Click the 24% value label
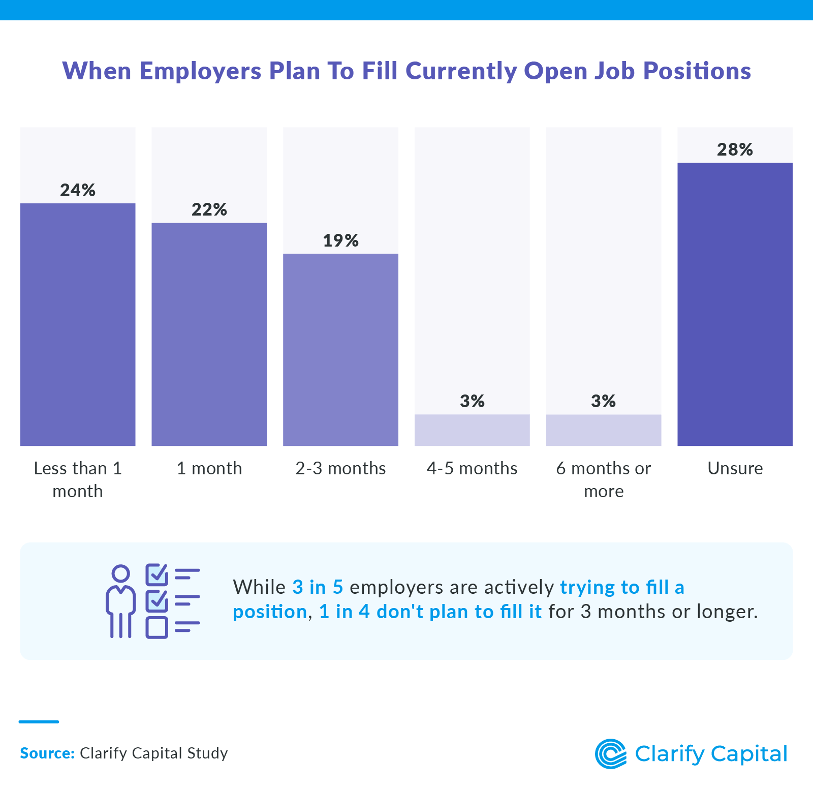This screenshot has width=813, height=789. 78,190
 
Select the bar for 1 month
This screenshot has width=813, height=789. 209,334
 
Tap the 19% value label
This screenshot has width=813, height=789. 340,240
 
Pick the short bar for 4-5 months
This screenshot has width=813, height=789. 472,430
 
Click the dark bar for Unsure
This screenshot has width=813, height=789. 735,304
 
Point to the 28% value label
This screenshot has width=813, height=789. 735,149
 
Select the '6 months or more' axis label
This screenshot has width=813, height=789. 604,479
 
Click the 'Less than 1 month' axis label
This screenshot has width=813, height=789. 78,479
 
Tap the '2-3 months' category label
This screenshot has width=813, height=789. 340,468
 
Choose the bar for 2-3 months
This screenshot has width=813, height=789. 340,350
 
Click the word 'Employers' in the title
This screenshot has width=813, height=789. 200,71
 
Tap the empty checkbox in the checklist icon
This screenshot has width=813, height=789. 157,627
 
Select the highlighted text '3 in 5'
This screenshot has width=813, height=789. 318,587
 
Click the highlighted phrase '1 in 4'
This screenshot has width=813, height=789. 344,612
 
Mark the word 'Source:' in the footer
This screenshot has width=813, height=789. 47,753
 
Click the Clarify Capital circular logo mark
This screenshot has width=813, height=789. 610,753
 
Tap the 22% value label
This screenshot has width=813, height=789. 209,209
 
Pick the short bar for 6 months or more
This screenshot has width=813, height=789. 604,430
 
